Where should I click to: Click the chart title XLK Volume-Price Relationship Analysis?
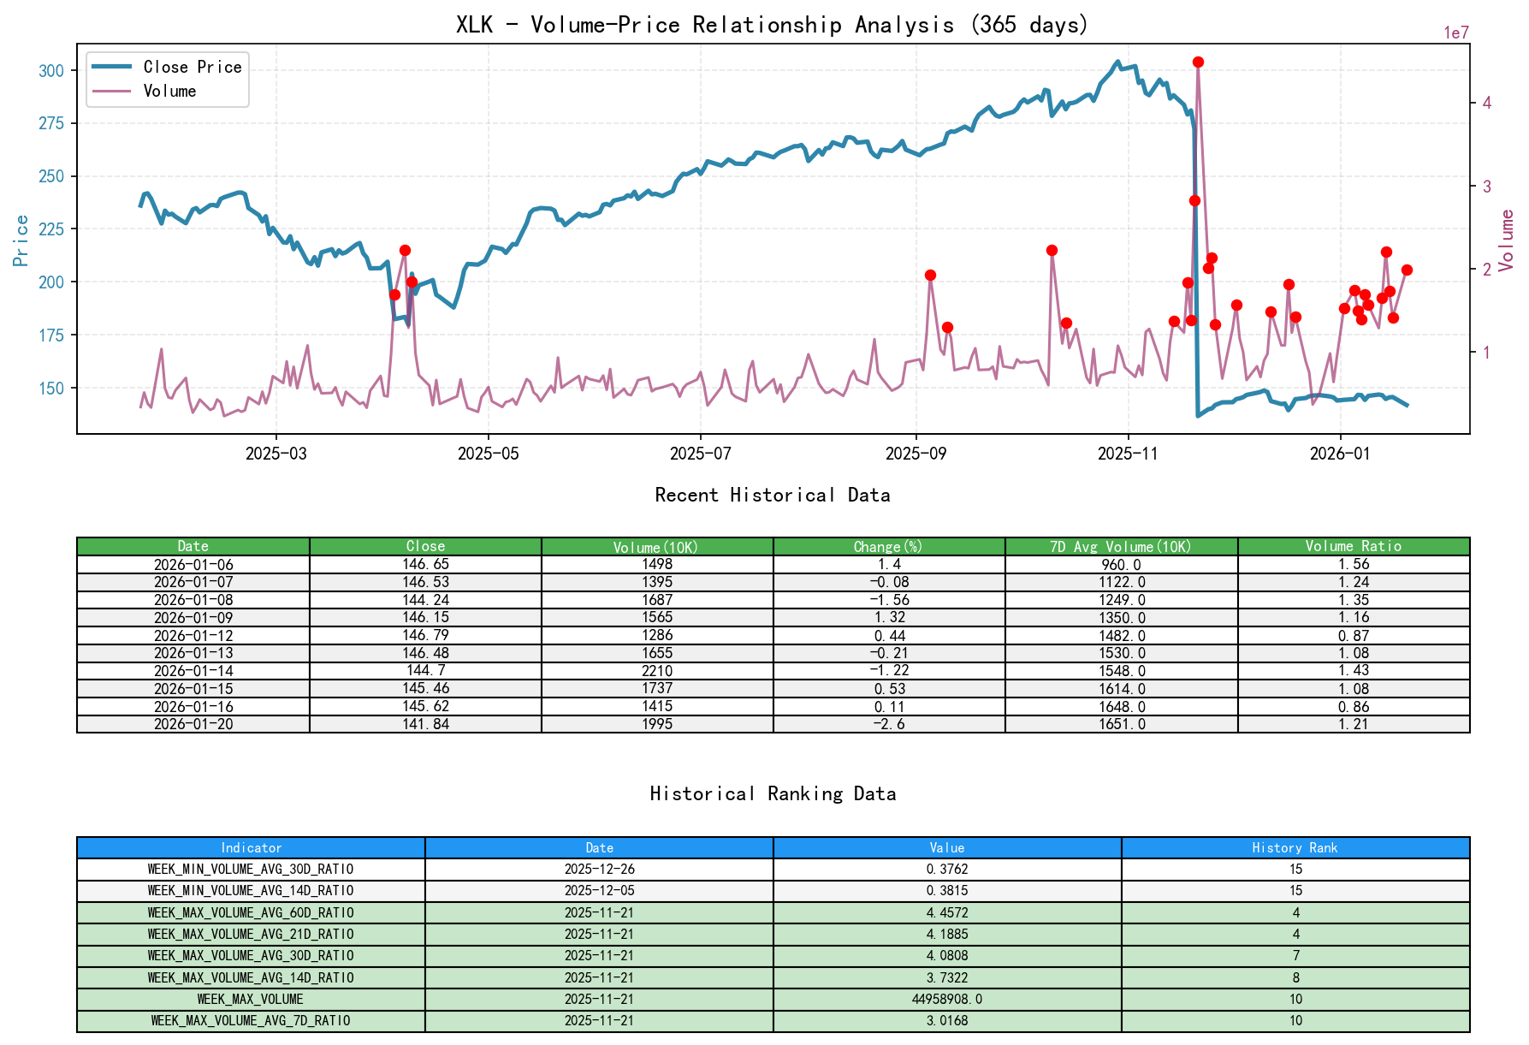point(772,25)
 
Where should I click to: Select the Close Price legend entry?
point(192,67)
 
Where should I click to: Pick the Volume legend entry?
point(169,91)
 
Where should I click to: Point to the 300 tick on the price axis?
point(51,71)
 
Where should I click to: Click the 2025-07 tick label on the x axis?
point(700,454)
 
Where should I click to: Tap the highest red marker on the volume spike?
point(1198,62)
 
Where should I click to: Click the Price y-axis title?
point(21,240)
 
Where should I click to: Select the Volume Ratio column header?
point(1353,546)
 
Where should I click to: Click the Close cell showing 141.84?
point(425,724)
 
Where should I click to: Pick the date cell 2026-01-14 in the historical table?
point(193,671)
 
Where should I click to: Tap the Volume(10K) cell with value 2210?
point(657,671)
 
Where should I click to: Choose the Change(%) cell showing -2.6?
point(889,724)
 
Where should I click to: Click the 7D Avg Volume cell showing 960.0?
point(1121,565)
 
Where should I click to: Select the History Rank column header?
point(1295,848)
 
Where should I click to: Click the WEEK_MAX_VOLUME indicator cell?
point(251,999)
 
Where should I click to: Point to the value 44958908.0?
point(947,999)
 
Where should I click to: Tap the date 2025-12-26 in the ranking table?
point(599,870)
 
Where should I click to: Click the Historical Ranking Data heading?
point(773,794)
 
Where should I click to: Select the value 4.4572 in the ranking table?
point(947,912)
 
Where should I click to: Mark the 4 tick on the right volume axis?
point(1486,103)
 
